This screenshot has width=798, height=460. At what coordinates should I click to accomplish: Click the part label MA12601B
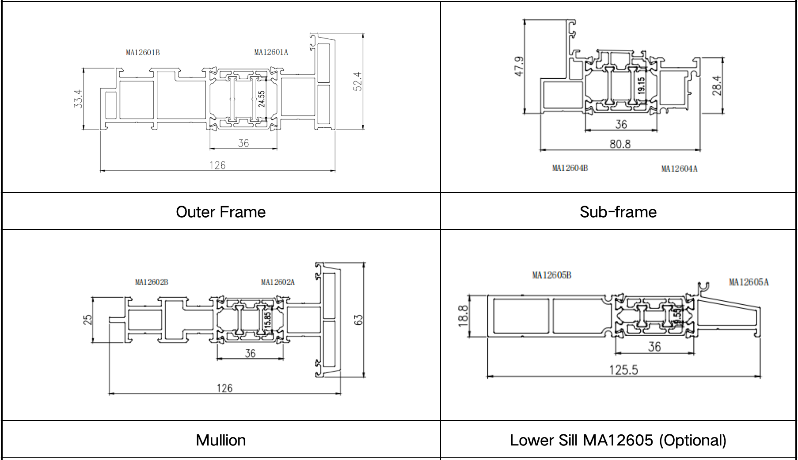click(143, 53)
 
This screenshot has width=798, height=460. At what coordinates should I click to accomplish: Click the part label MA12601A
click(271, 52)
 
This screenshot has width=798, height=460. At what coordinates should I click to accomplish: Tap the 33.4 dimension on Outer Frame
click(78, 99)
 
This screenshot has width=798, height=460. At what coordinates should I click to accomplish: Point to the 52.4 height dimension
click(358, 81)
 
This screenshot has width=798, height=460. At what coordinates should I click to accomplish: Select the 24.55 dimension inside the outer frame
click(262, 99)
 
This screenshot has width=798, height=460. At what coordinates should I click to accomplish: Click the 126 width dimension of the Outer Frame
click(217, 165)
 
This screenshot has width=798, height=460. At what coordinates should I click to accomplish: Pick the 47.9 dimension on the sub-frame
click(520, 66)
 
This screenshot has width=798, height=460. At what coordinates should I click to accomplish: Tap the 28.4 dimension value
click(717, 85)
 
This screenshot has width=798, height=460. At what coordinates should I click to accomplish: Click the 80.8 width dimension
click(620, 144)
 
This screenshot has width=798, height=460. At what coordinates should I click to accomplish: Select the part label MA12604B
click(570, 168)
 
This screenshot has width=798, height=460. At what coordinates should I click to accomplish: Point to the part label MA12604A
click(679, 169)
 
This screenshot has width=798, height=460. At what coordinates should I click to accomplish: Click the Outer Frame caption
click(220, 212)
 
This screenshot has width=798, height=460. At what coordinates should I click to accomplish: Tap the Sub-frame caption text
click(618, 212)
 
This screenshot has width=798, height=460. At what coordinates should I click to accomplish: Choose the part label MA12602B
click(152, 282)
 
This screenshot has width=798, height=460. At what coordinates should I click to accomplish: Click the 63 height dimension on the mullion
click(358, 320)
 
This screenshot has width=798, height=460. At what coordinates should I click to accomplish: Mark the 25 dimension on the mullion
click(87, 319)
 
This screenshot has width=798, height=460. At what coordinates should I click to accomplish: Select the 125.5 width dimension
click(623, 370)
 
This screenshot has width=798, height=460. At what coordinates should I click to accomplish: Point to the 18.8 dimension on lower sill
click(463, 316)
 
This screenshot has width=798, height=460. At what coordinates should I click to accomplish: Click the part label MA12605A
click(749, 282)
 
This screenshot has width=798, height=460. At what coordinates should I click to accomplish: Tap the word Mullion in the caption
click(220, 440)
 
